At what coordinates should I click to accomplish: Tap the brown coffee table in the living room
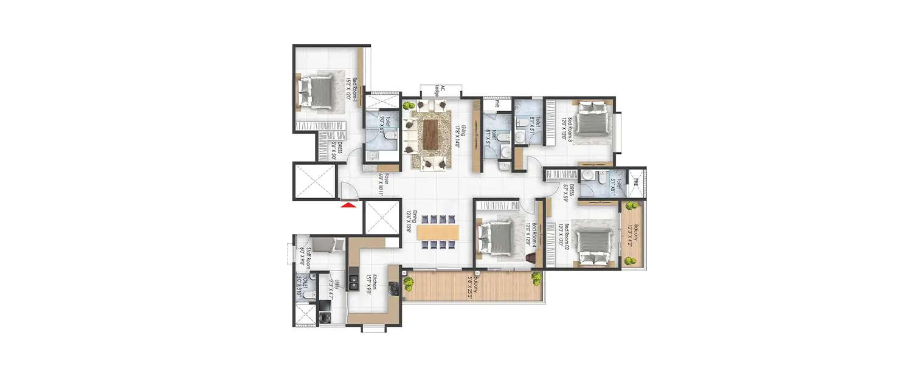click(431, 133)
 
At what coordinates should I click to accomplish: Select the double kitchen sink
click(353, 280)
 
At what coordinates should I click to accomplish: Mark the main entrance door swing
click(350, 191)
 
